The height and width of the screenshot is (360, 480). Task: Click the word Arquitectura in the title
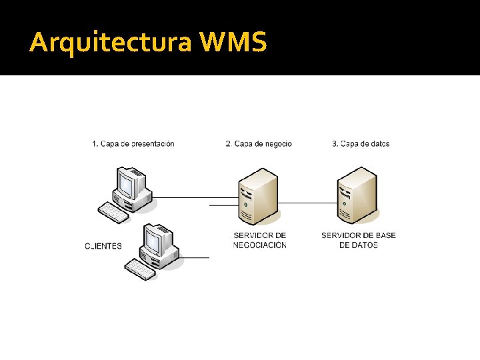[x=110, y=43]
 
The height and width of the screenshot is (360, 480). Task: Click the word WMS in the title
[x=233, y=42]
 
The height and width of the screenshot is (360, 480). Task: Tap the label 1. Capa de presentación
[x=133, y=143]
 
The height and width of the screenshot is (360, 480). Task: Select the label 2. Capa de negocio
[x=259, y=143]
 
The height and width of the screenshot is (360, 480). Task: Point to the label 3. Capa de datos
[x=361, y=143]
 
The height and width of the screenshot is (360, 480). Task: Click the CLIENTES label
[x=103, y=245]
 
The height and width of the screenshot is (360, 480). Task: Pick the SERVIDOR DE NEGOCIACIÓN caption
[x=260, y=240]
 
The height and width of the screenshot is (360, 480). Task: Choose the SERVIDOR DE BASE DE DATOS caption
[x=359, y=240]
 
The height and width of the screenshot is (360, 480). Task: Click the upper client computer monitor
[x=131, y=183]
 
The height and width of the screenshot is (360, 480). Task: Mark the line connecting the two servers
[x=307, y=201]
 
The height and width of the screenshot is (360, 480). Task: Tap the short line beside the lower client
[x=195, y=257]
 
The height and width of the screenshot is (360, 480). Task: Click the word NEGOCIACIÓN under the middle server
[x=260, y=245]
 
